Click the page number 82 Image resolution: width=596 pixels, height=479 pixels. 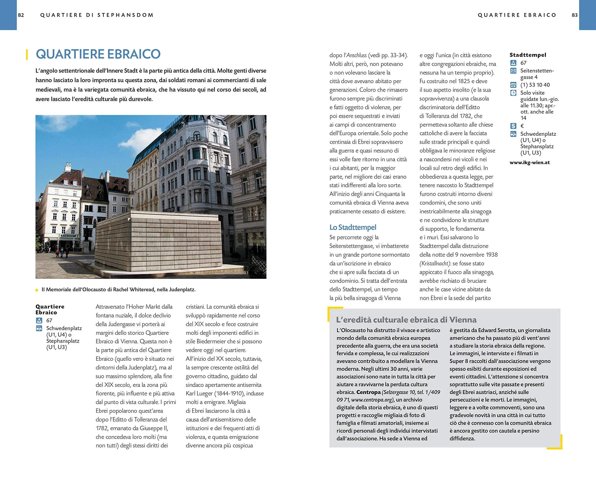tap(21, 15)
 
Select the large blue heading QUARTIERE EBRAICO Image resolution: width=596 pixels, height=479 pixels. tap(98, 54)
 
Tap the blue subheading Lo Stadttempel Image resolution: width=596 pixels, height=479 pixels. tap(353, 227)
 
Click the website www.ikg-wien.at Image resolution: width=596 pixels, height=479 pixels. tap(530, 162)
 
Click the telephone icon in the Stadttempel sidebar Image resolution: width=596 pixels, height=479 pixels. tap(513, 85)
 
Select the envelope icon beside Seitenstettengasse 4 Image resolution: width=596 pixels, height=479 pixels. tap(513, 71)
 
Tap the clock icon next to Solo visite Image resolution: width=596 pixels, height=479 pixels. tap(513, 93)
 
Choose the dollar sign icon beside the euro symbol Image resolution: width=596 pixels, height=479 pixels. tap(513, 126)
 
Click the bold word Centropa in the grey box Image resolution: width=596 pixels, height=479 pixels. tap(369, 392)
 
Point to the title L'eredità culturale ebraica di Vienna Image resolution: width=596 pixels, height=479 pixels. tap(406, 320)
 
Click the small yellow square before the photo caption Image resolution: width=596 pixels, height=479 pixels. tap(37, 290)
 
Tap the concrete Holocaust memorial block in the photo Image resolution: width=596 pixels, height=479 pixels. tap(158, 240)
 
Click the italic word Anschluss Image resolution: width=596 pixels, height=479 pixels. tap(357, 55)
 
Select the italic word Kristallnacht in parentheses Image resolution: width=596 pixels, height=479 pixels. tap(435, 263)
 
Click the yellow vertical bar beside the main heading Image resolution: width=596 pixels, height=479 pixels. tap(27, 54)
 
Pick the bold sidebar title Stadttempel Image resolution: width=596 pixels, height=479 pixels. tap(528, 55)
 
